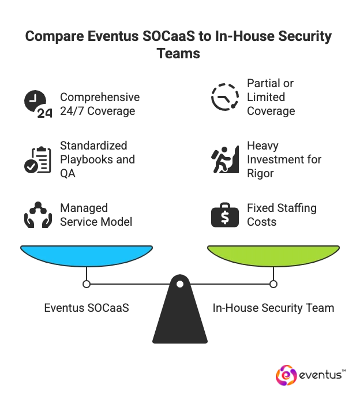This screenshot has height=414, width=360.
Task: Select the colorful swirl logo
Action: [x=286, y=376]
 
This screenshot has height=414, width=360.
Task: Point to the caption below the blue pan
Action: [x=85, y=308]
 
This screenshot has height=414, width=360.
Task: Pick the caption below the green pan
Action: [x=274, y=308]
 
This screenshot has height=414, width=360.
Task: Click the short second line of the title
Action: [x=179, y=54]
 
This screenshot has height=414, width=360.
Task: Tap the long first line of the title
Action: [x=179, y=37]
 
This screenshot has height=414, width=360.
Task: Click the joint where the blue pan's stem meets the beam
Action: [x=87, y=284]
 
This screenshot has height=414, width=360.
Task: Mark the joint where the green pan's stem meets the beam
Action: [x=273, y=284]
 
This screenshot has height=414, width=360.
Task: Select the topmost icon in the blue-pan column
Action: [x=36, y=102]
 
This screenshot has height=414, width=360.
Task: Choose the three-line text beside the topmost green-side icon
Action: [x=268, y=96]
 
